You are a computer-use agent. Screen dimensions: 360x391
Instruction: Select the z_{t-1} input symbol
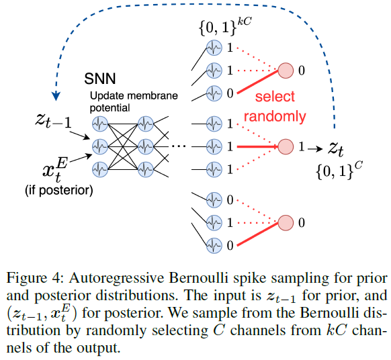(54, 122)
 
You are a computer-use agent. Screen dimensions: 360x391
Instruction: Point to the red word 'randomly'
(275, 116)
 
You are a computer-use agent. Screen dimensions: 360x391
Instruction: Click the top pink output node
(286, 69)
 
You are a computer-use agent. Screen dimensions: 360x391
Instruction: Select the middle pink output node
(286, 145)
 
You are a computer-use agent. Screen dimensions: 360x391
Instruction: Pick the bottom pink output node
(286, 222)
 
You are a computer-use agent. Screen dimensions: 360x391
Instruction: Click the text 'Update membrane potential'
(134, 101)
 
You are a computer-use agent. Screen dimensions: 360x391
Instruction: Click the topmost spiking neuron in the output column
(214, 49)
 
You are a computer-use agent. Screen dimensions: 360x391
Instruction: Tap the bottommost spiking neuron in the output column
(214, 245)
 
